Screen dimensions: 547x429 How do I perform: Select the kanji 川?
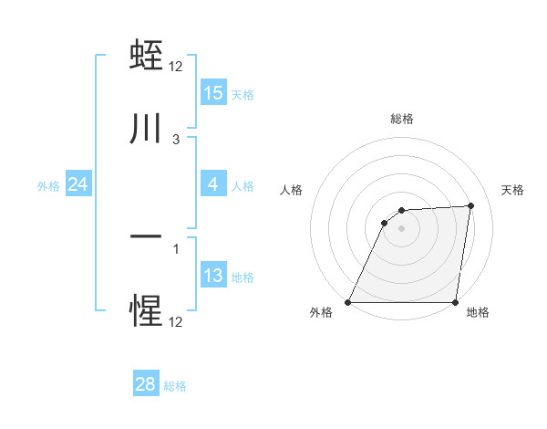point(147,129)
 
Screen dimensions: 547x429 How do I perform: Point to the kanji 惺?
point(147,311)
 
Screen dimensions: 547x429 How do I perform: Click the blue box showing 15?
point(213,93)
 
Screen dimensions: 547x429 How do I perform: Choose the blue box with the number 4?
point(213,184)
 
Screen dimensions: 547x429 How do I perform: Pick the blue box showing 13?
point(213,276)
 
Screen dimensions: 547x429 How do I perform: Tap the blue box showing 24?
point(78,184)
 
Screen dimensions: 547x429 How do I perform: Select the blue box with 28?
point(146,385)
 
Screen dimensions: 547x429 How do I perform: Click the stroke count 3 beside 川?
point(176,140)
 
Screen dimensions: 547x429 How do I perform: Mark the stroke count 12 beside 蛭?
point(177,66)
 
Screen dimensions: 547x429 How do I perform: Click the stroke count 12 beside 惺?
point(177,322)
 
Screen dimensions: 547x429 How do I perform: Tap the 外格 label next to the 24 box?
point(48,185)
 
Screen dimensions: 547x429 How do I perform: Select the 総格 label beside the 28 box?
point(175,386)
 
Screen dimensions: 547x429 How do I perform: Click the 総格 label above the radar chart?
point(402,119)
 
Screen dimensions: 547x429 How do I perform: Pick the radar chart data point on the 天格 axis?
point(471,205)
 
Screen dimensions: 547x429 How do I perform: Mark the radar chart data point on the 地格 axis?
point(456,302)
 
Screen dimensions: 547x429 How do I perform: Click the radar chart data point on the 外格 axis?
point(348,302)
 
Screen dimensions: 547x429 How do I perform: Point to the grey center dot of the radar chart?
point(402,228)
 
